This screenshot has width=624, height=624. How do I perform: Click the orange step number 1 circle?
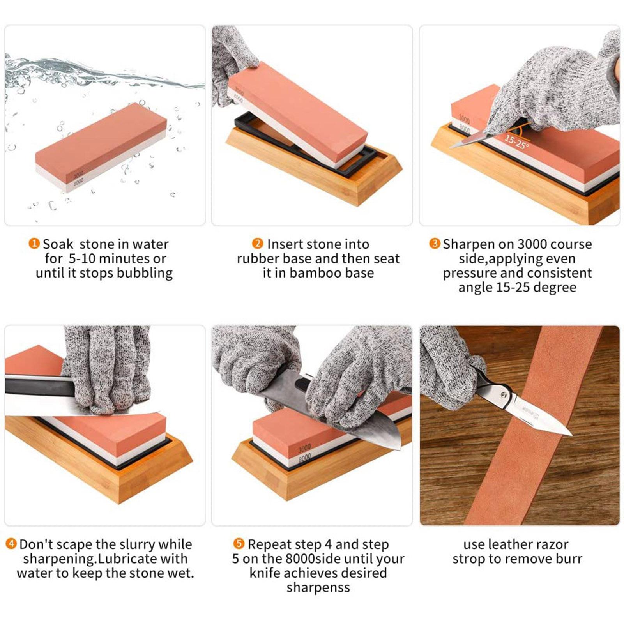pos(34,244)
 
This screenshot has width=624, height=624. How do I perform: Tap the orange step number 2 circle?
pos(258,244)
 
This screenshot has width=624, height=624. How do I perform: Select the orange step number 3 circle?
pos(434,244)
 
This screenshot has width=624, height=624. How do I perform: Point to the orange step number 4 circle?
pos(11,544)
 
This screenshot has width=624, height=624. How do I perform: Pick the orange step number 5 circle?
pos(239,544)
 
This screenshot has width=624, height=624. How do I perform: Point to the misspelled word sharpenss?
pos(318,587)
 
